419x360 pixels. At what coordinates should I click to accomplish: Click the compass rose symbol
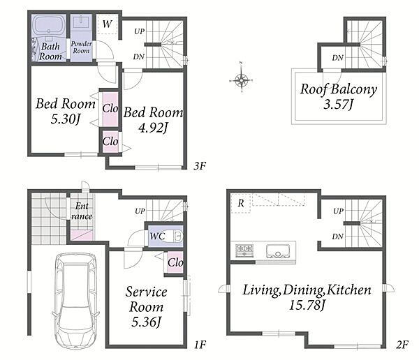242,80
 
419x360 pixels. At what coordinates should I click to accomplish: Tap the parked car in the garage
76,301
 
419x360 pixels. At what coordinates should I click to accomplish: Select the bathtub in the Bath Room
49,27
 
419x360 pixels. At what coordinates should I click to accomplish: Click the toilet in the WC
173,236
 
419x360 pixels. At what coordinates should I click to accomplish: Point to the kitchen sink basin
278,250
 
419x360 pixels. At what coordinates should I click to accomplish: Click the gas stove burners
244,250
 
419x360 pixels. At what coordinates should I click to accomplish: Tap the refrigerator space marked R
241,203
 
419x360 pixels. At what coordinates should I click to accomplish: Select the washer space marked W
107,24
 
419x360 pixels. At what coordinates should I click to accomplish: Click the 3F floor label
200,166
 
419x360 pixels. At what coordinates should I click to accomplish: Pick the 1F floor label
200,345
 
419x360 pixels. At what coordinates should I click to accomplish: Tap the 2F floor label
402,345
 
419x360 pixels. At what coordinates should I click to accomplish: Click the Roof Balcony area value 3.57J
339,104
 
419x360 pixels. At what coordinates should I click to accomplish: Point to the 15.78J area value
307,305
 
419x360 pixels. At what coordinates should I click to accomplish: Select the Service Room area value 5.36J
146,322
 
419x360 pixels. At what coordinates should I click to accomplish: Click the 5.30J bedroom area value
66,119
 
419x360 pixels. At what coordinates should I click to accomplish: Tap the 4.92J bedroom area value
153,128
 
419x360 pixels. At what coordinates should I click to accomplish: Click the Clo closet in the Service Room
175,262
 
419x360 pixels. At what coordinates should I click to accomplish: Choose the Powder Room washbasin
82,22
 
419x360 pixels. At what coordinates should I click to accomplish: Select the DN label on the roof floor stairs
338,58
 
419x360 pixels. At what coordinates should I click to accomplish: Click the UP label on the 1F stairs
140,211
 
